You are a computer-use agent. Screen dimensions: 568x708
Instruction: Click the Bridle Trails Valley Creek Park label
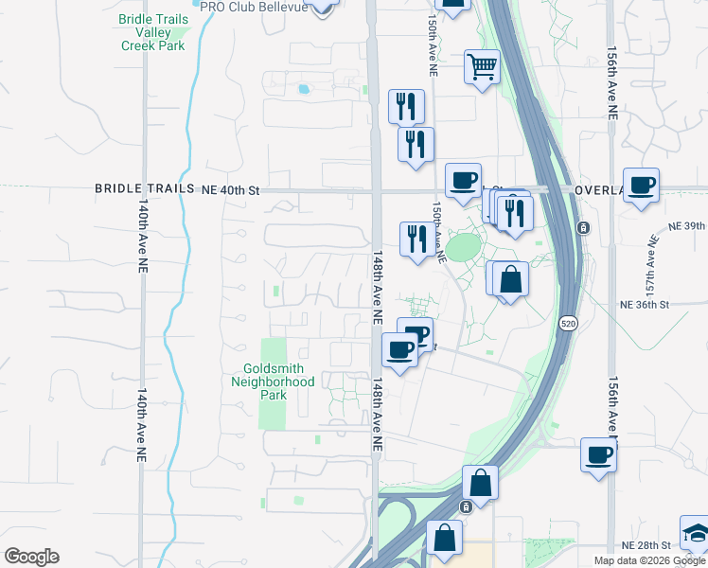(x=153, y=32)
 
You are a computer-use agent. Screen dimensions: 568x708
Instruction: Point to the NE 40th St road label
(x=230, y=189)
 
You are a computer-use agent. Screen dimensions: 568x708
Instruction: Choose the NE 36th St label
(x=644, y=305)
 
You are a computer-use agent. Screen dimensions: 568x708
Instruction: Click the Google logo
(x=31, y=557)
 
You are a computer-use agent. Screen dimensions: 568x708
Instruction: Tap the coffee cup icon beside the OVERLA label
(x=641, y=184)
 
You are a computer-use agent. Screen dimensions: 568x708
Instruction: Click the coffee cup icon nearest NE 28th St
(x=597, y=454)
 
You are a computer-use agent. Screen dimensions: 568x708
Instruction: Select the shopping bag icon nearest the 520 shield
(x=509, y=279)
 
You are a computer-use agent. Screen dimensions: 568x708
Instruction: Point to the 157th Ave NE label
(x=652, y=253)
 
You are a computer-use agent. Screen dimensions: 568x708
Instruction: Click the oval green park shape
(x=463, y=248)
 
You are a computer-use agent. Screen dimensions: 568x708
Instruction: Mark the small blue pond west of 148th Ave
(x=303, y=90)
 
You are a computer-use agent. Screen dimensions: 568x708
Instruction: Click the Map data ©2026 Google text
(x=650, y=560)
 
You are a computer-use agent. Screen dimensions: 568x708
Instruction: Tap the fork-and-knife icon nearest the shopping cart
(x=406, y=105)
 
